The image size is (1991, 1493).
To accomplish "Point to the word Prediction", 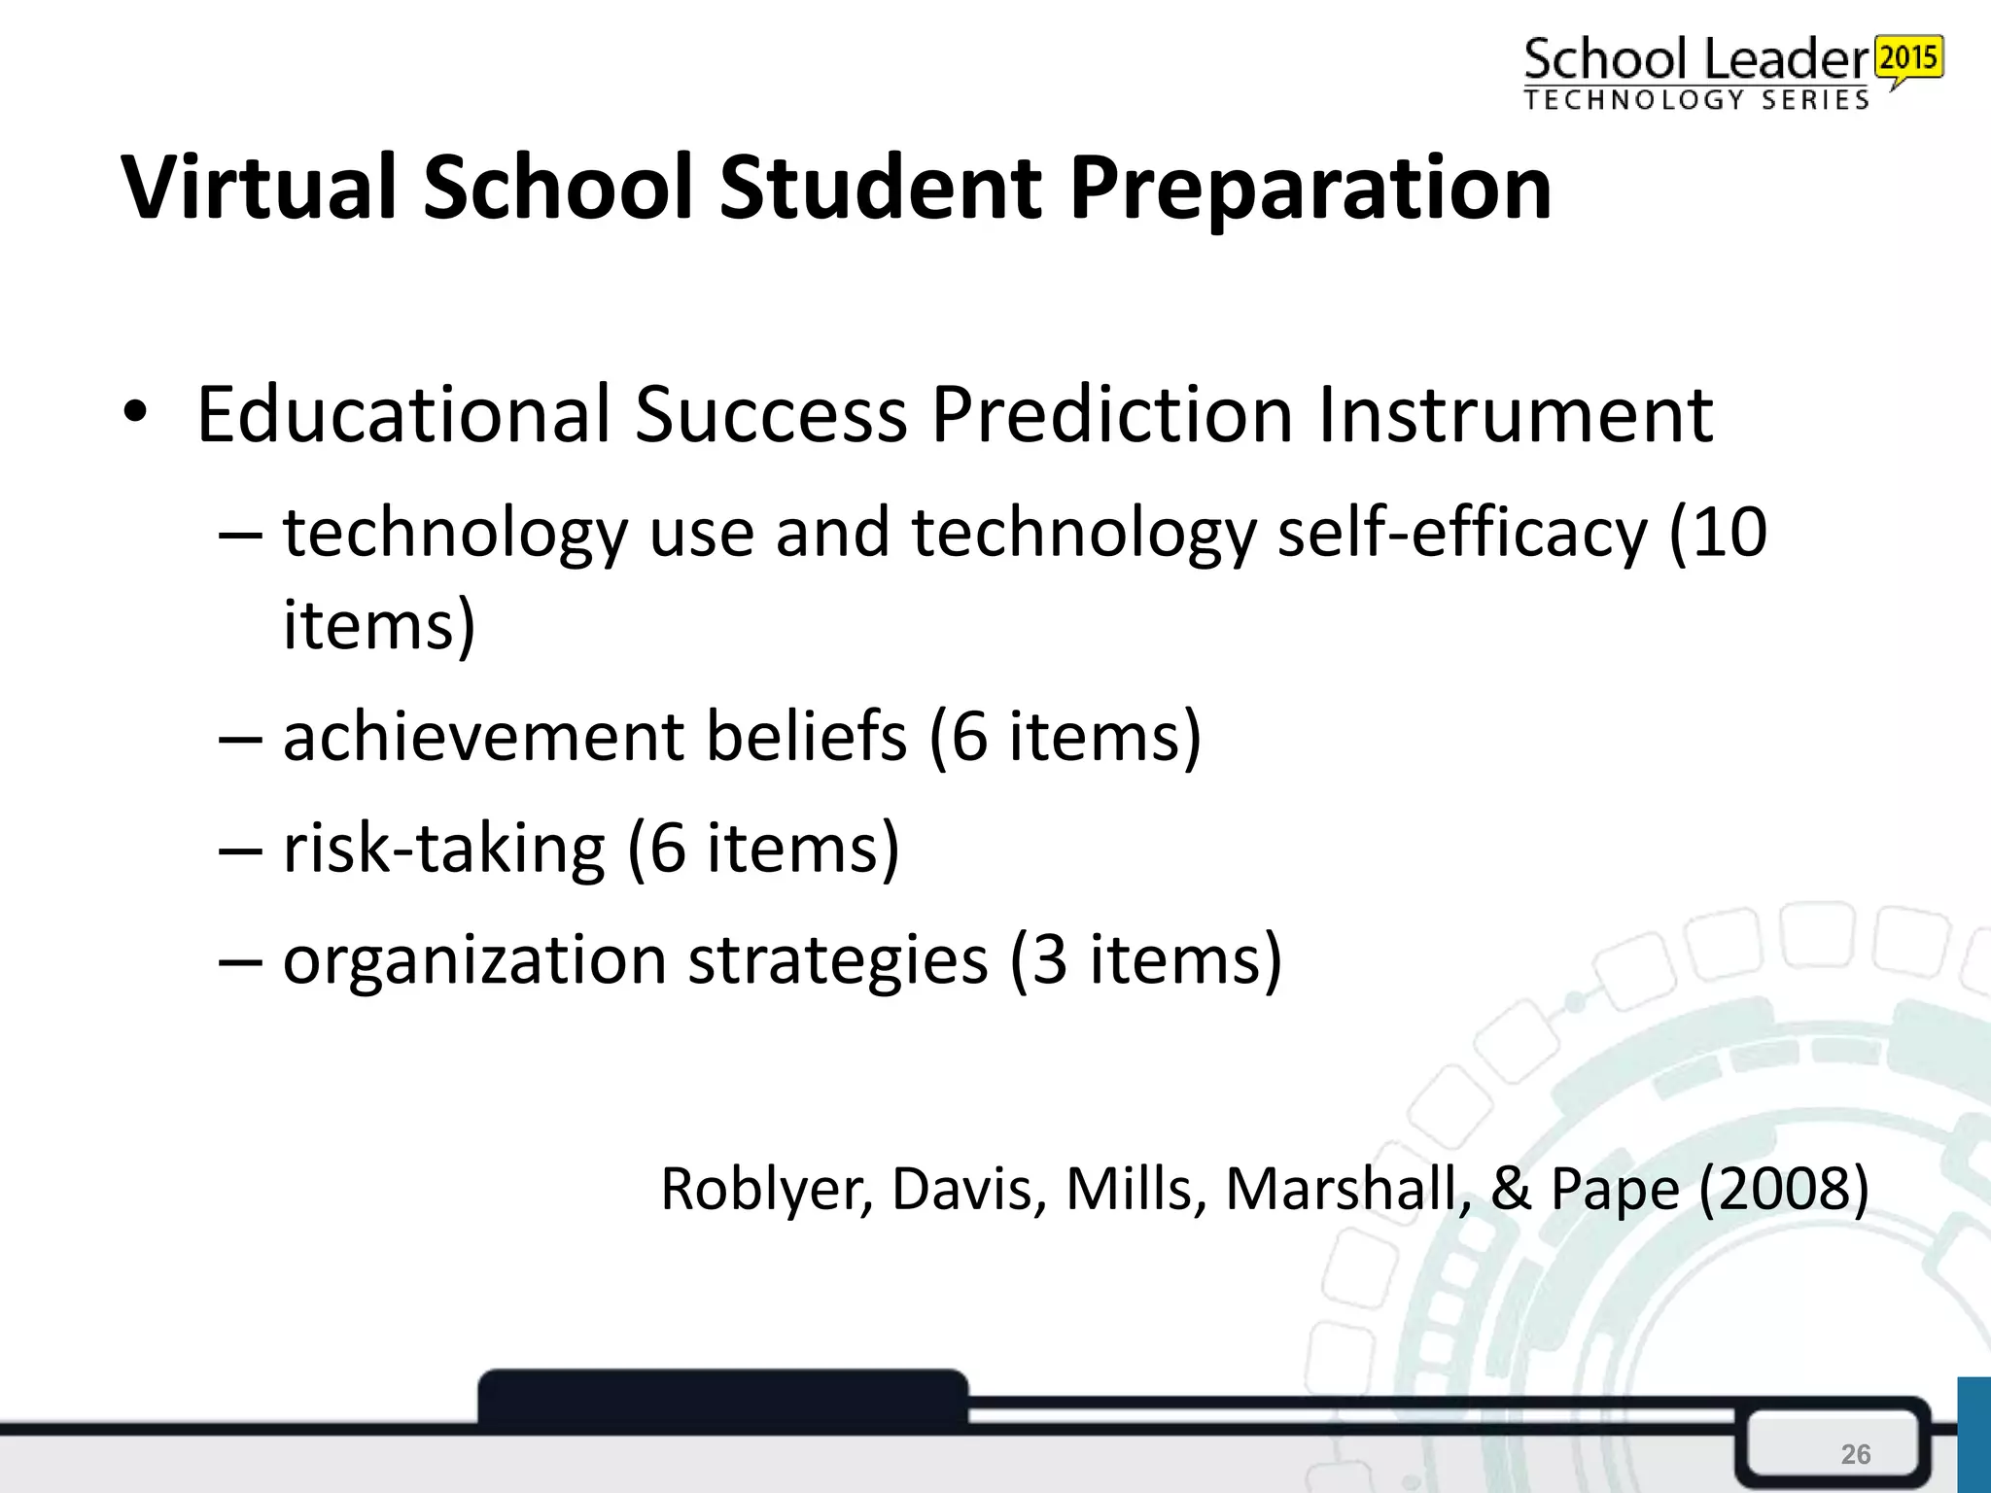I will [x=1111, y=415].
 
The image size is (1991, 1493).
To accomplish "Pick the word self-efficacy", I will [x=1462, y=534].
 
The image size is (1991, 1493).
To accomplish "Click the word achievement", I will [x=483, y=736].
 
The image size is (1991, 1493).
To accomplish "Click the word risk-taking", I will [x=443, y=848].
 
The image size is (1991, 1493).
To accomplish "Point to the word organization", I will [x=474, y=960].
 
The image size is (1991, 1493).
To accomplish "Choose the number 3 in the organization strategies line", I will [x=1049, y=960].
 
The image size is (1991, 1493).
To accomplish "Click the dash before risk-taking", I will [x=240, y=850].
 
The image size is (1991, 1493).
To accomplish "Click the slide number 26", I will [x=1855, y=1454].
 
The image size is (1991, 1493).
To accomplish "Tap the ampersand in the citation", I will [x=1511, y=1189].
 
